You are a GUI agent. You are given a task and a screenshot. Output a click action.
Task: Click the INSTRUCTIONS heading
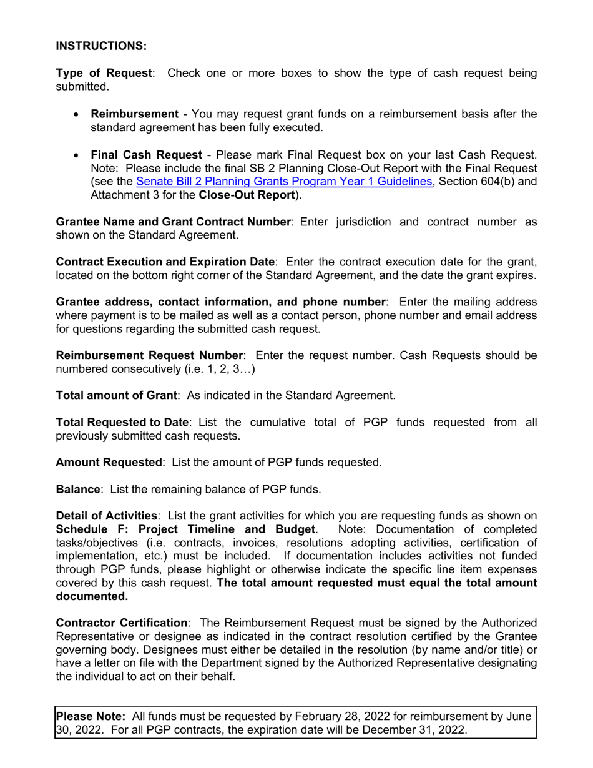[x=101, y=46]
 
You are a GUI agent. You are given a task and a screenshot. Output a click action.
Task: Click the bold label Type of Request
[x=104, y=73]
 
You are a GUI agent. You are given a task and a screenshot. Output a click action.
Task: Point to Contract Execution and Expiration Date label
[x=165, y=262]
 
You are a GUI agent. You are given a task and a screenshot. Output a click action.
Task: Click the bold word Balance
[x=78, y=490]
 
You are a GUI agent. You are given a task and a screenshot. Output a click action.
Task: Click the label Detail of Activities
[x=106, y=516]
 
